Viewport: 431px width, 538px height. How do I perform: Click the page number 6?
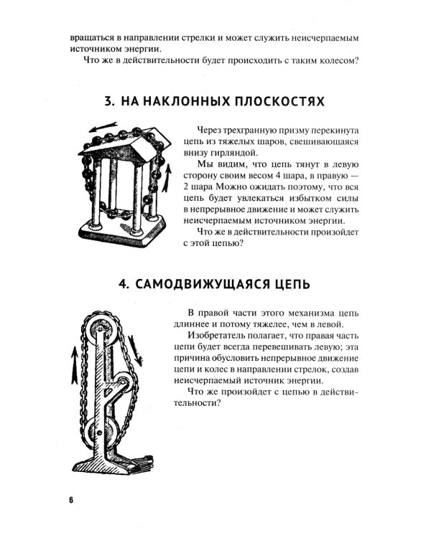[x=72, y=499]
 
